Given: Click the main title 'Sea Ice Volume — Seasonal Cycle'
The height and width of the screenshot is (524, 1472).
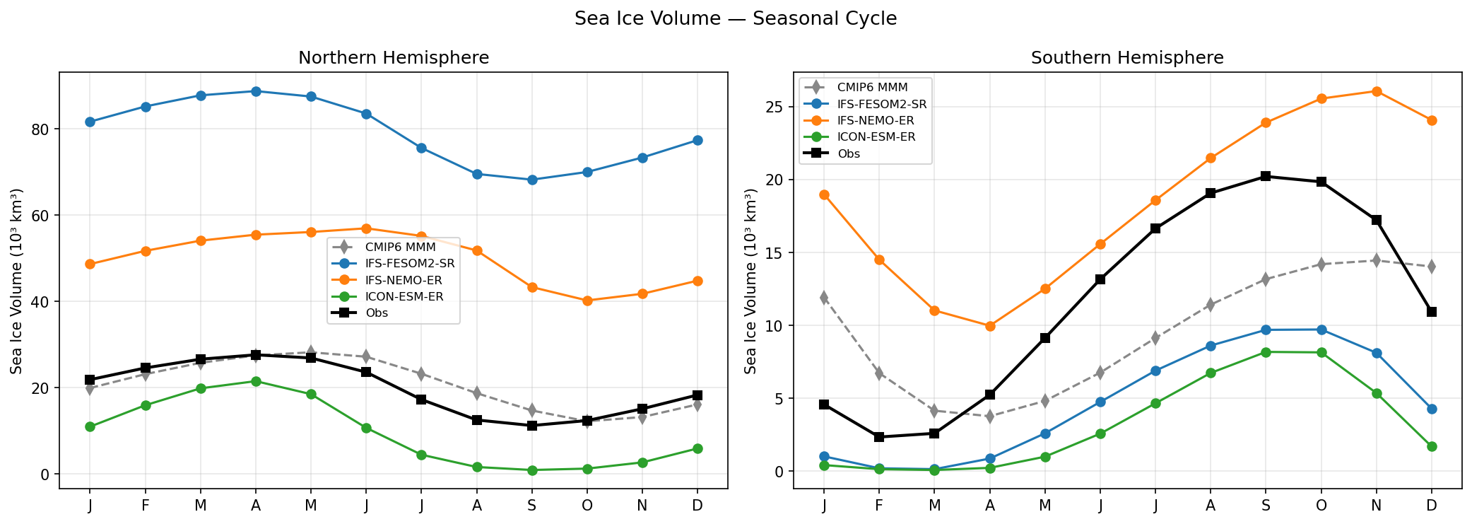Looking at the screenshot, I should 736,19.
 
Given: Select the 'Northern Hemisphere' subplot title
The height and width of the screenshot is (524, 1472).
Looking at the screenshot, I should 394,58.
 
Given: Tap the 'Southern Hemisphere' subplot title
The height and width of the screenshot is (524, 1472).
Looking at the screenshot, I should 1127,58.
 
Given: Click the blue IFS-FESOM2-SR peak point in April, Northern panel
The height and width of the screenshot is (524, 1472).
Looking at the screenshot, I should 256,91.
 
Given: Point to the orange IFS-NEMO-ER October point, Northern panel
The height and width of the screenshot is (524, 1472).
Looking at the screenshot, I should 587,301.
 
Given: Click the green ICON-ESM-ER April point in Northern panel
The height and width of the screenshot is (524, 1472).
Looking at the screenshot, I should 256,381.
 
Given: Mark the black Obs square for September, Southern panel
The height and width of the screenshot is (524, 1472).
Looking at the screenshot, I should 1266,176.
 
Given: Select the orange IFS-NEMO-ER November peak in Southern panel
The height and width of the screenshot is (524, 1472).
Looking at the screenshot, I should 1376,91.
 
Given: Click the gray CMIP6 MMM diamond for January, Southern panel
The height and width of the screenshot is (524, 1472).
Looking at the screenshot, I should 824,297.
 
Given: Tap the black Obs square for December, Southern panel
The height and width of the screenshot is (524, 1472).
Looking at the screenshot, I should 1432,312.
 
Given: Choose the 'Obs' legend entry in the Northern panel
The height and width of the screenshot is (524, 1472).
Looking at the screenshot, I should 377,313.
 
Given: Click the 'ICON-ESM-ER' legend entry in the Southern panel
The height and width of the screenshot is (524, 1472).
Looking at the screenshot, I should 876,137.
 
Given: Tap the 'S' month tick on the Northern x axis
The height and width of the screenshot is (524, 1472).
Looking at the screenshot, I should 532,506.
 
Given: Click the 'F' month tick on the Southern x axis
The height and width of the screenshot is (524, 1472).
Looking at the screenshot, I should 879,506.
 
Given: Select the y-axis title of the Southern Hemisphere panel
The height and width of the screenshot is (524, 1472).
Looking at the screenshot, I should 750,281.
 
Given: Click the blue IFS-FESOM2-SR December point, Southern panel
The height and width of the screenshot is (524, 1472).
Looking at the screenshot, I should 1432,409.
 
